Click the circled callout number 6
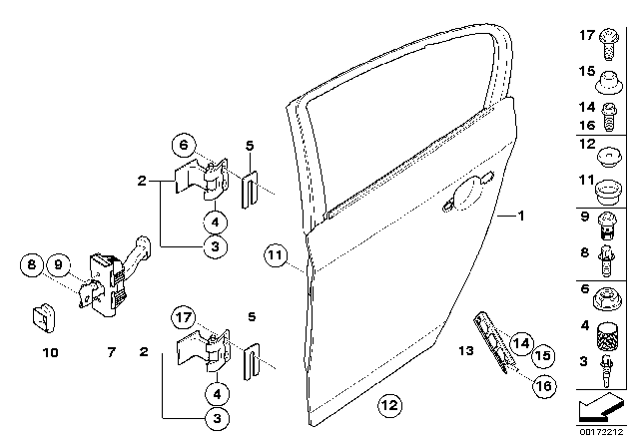(184, 145)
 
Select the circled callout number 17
(184, 317)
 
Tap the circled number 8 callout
(32, 264)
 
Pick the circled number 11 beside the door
(276, 255)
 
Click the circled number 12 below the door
(389, 405)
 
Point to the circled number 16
(544, 385)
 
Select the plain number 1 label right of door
(521, 216)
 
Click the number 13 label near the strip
(466, 350)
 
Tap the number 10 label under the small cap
(51, 352)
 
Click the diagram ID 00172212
(601, 431)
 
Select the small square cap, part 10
(43, 317)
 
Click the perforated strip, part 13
(494, 342)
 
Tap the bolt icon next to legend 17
(609, 44)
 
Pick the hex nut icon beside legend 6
(606, 298)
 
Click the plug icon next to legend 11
(608, 194)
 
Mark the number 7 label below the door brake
(111, 352)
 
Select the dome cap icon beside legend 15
(609, 82)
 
